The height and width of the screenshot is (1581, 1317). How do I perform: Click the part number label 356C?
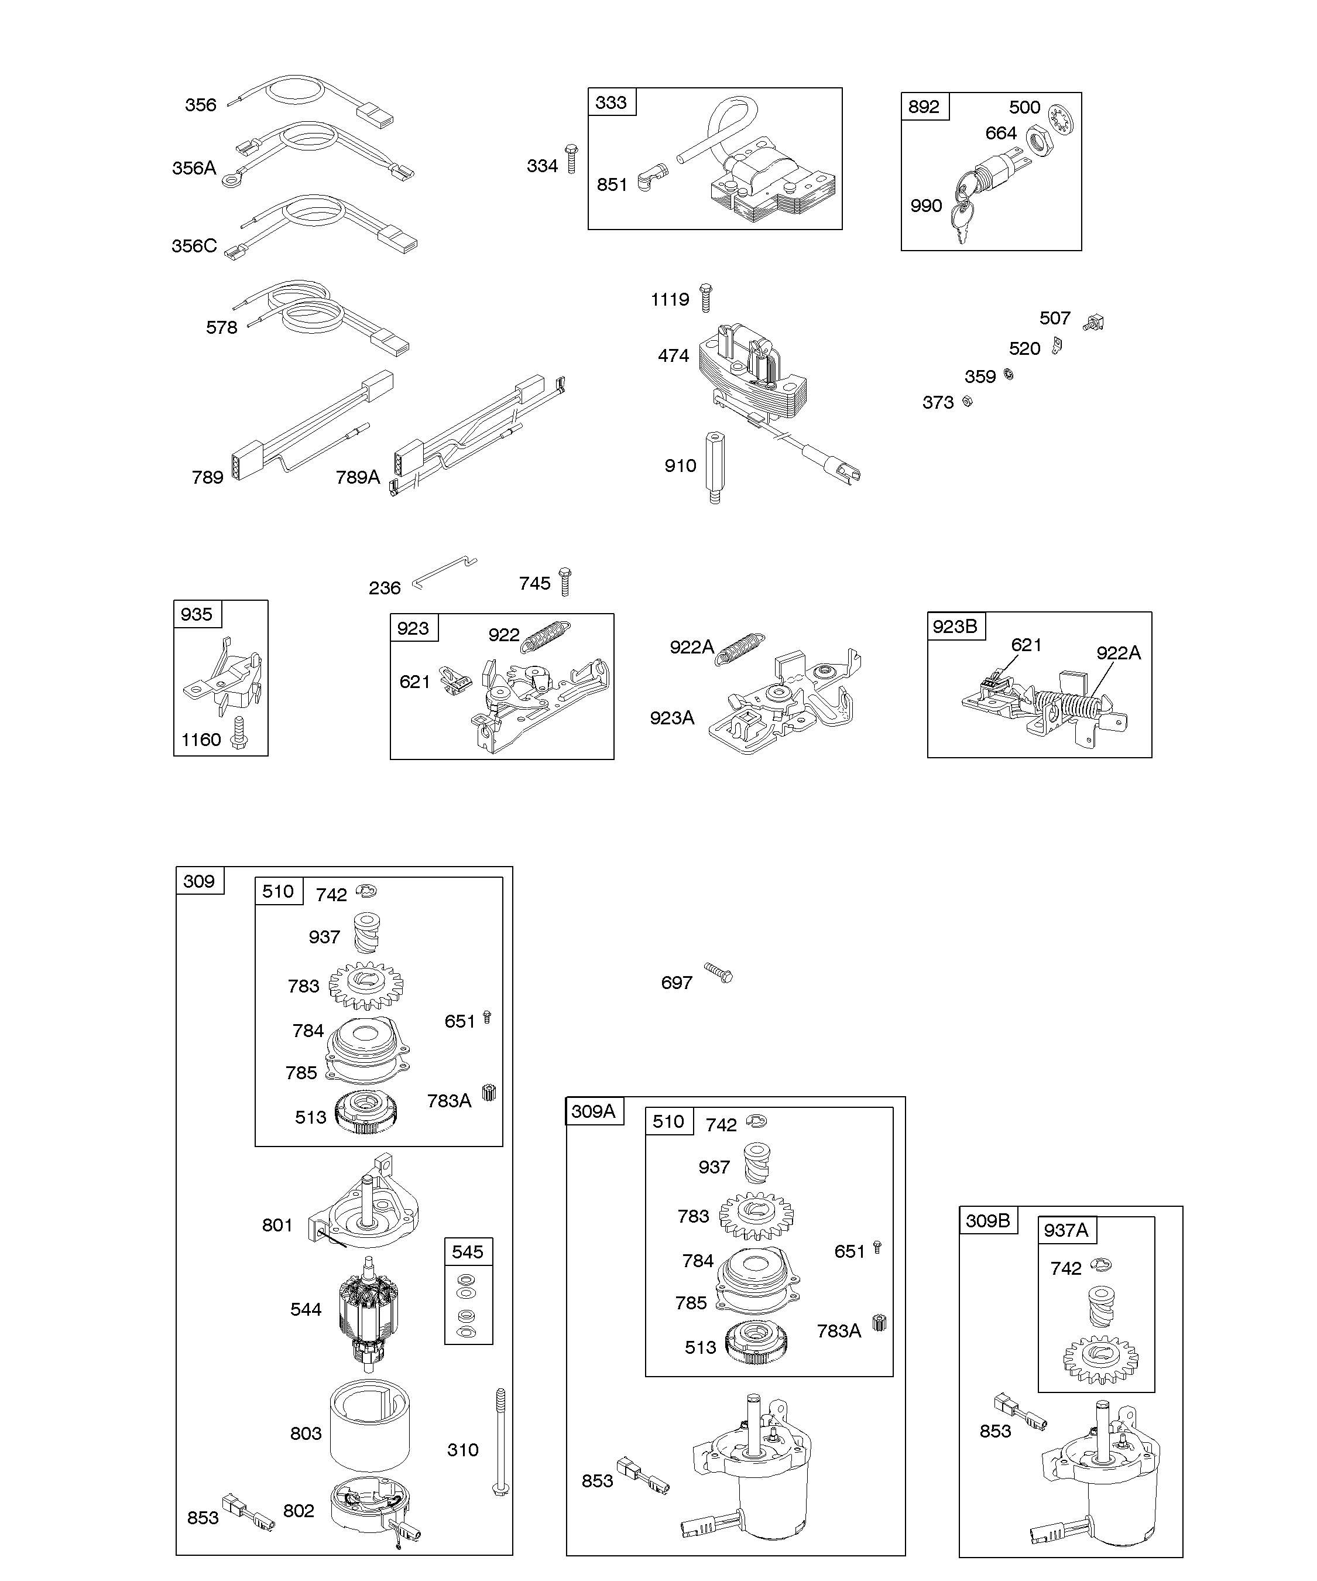(x=194, y=246)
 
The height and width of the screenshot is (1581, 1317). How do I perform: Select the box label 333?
(x=611, y=102)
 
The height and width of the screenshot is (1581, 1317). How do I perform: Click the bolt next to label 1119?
(x=705, y=297)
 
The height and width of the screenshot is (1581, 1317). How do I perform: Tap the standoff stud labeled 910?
(x=714, y=467)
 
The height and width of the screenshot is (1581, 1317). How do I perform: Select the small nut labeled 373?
(x=968, y=401)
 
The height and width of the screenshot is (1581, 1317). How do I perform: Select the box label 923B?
(x=955, y=627)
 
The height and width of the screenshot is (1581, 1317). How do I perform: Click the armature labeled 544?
(x=369, y=1310)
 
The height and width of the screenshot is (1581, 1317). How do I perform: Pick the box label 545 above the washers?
(x=467, y=1252)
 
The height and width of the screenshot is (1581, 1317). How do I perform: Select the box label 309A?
(x=593, y=1111)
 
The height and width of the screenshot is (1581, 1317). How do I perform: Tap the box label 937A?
(x=1066, y=1230)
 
